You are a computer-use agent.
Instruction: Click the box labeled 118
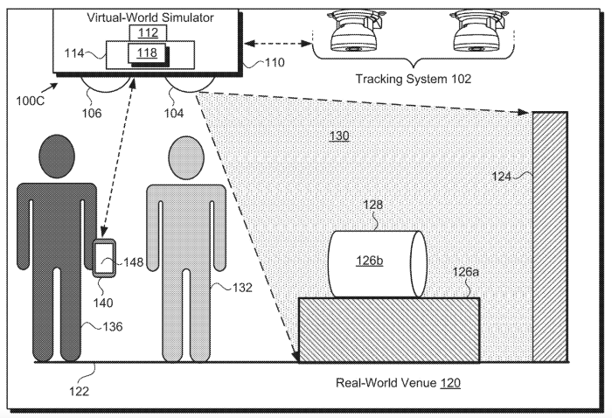(x=146, y=54)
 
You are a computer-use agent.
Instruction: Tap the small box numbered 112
(x=146, y=33)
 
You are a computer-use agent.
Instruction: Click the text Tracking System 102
(x=413, y=79)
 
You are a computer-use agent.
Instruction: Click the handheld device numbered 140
(x=106, y=259)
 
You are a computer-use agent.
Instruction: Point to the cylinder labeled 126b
(x=376, y=263)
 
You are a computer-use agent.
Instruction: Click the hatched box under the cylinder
(x=389, y=331)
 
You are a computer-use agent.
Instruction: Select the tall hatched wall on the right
(x=549, y=236)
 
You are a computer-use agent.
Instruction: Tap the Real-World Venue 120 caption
(x=399, y=383)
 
